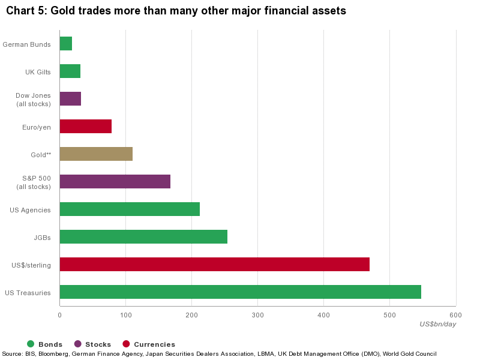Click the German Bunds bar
pos(66,44)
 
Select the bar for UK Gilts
pos(70,71)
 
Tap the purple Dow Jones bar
pos(70,99)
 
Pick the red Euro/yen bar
pos(86,127)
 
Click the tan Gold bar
pos(96,154)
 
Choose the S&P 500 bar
pos(115,182)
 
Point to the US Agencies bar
pos(130,209)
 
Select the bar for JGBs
pos(143,237)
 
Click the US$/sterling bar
pos(215,265)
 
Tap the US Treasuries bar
pos(241,292)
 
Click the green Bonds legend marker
pos(31,344)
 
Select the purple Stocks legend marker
pos(78,344)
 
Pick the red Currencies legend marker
pos(126,344)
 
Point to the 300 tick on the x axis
pos(257,315)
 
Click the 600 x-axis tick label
pos(455,315)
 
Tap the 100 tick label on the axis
pos(125,315)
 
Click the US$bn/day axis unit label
pos(438,324)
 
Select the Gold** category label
pos(41,155)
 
